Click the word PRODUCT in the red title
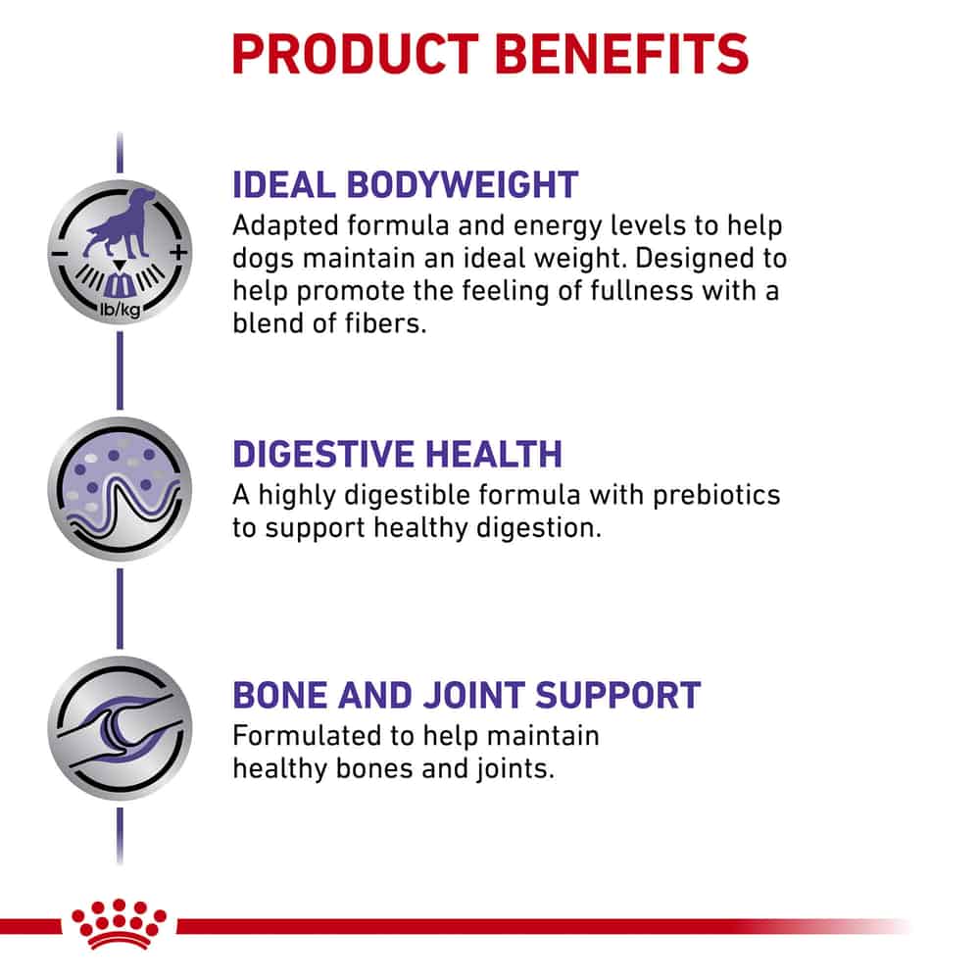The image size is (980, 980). pyautogui.click(x=355, y=54)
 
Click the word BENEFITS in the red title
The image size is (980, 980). pyautogui.click(x=622, y=54)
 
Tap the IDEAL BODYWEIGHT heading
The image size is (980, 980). pyautogui.click(x=405, y=184)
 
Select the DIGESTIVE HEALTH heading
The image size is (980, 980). pyautogui.click(x=398, y=454)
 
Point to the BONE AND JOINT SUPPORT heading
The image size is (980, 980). pyautogui.click(x=466, y=695)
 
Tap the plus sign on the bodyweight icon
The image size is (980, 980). pyautogui.click(x=178, y=253)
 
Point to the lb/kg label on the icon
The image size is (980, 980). pyautogui.click(x=120, y=309)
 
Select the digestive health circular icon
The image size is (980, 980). pyautogui.click(x=120, y=489)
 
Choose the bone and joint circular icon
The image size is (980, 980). pyautogui.click(x=120, y=729)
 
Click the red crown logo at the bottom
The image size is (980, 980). pyautogui.click(x=119, y=925)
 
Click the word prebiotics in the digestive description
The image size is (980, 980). pyautogui.click(x=716, y=495)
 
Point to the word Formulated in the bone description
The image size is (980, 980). pyautogui.click(x=306, y=736)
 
